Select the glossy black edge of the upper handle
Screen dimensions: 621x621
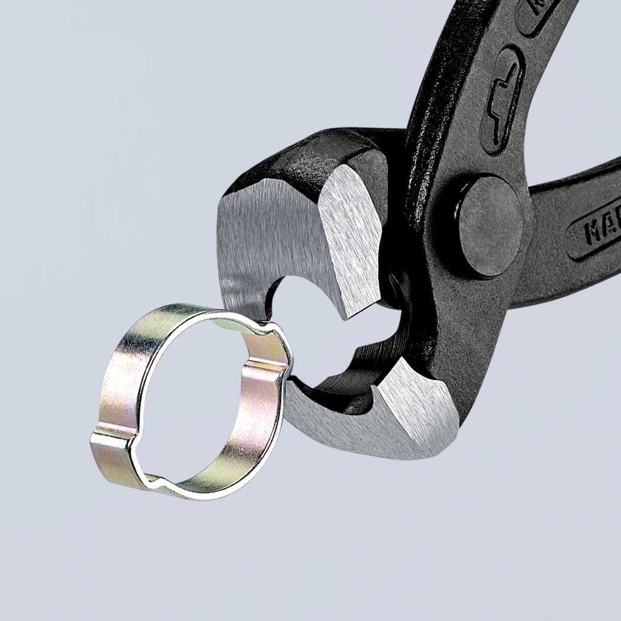438,89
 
